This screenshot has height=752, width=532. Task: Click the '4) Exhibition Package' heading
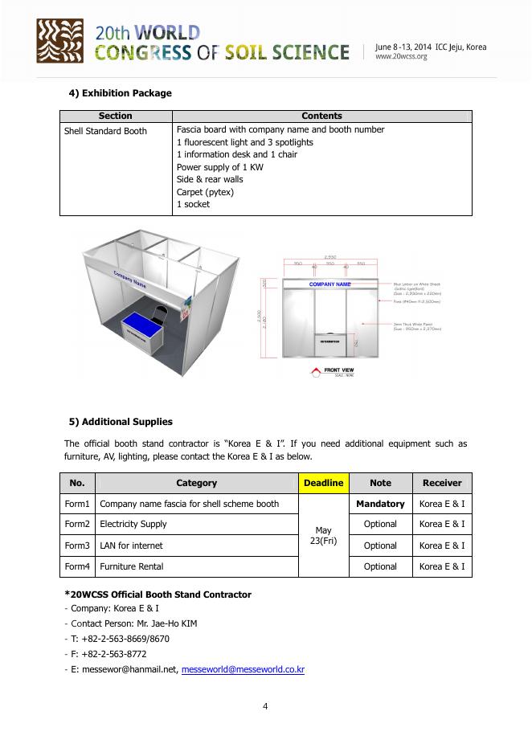coord(121,93)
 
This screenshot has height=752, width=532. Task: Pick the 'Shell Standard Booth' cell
coord(105,131)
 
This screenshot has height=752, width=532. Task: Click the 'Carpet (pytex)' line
coord(205,192)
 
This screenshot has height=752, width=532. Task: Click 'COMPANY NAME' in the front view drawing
coord(329,284)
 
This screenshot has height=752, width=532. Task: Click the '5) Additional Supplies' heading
coord(121,422)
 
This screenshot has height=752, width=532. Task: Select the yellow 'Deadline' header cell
coord(323,483)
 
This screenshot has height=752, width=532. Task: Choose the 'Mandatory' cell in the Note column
coord(380,504)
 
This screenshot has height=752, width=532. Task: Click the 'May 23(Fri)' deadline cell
coord(323,535)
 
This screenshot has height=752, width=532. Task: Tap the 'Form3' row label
coord(77,546)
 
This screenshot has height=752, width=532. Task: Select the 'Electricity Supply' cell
coord(133,525)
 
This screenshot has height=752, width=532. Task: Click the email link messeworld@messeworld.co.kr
coord(243,669)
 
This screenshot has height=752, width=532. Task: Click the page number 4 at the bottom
coord(265,706)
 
